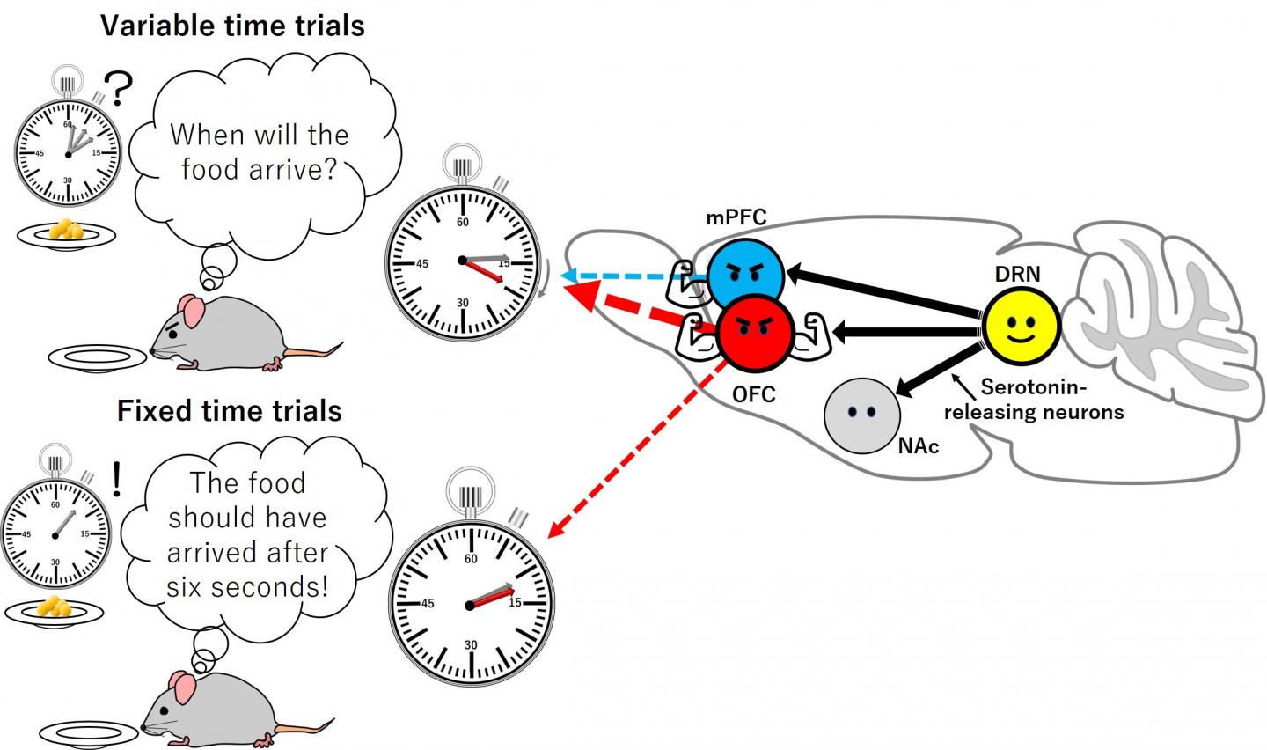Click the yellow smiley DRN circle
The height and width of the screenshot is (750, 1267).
click(1021, 325)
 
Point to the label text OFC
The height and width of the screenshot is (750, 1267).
click(754, 394)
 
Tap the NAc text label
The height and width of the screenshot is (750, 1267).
click(919, 446)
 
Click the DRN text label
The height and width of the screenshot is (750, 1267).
click(1017, 274)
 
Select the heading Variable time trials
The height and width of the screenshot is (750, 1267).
click(232, 26)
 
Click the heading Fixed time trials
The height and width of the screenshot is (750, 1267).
click(229, 411)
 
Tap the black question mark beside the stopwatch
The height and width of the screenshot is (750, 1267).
click(121, 90)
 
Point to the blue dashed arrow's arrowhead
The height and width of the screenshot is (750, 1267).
click(569, 276)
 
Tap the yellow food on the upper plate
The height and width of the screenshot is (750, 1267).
click(67, 230)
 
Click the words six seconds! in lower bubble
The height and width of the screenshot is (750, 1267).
click(247, 585)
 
